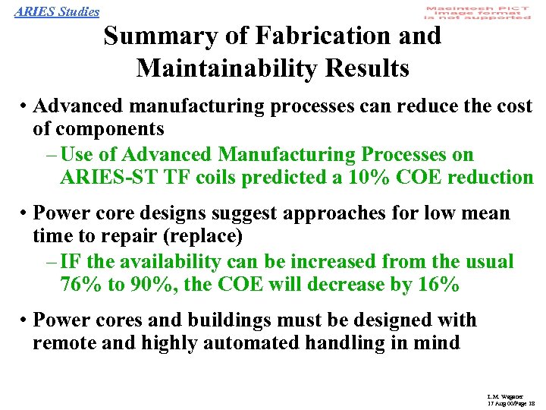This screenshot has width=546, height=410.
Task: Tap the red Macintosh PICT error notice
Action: (478, 12)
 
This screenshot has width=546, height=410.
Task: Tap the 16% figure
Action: (438, 285)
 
